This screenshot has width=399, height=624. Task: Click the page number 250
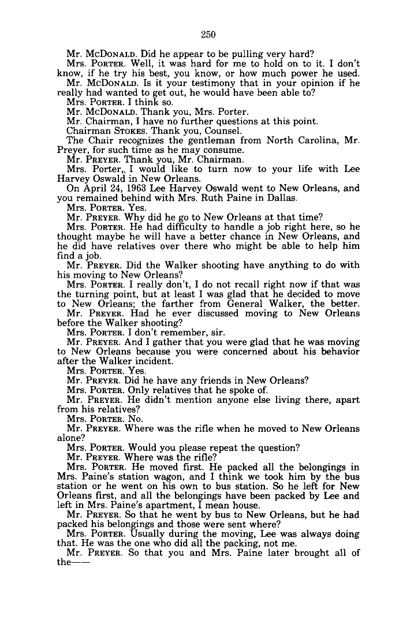point(208,35)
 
